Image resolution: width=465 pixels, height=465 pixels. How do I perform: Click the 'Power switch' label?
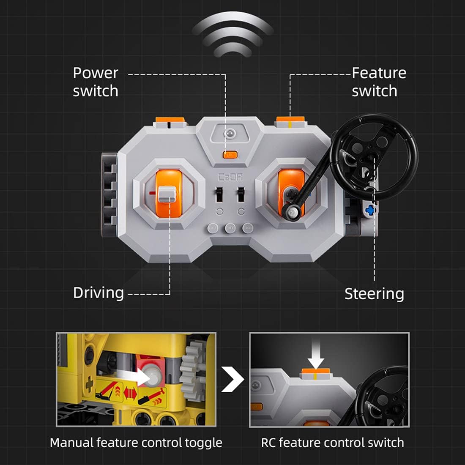[96, 82]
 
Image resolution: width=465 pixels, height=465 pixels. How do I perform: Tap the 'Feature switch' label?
[379, 82]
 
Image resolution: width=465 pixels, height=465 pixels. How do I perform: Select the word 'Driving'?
[98, 293]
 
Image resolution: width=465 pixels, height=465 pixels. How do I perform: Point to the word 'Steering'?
[374, 294]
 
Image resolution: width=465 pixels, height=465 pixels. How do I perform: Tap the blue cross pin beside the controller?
[371, 210]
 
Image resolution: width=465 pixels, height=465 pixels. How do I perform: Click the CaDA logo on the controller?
[229, 177]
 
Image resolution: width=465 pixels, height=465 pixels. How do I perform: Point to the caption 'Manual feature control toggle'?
[136, 443]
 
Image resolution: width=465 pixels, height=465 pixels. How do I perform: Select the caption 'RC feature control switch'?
[332, 443]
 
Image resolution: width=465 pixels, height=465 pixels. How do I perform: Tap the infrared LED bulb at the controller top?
[229, 134]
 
